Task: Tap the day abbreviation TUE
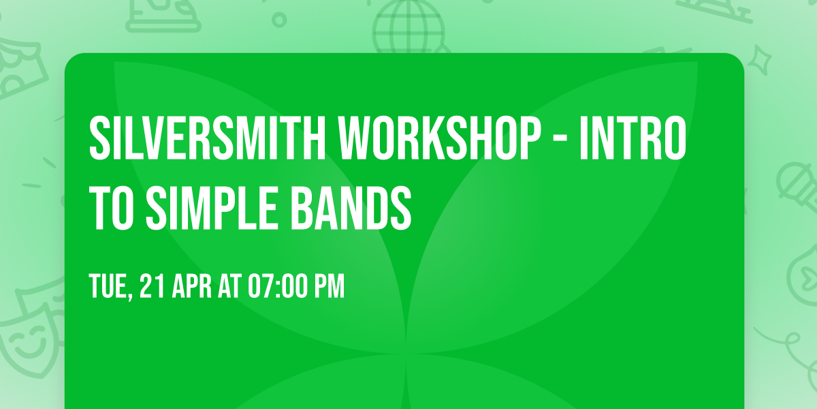coord(109,287)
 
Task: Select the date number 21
coord(153,287)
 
